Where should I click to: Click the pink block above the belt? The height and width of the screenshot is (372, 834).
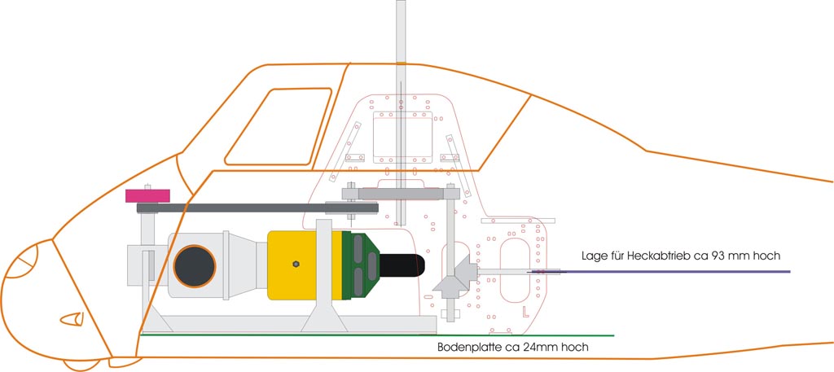(x=147, y=195)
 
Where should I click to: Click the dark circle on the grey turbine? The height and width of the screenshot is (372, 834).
(x=195, y=265)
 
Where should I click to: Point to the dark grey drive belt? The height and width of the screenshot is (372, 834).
(x=244, y=208)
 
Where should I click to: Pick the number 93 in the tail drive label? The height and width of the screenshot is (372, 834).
(x=719, y=256)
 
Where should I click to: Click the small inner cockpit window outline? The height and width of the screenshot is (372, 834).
(x=278, y=126)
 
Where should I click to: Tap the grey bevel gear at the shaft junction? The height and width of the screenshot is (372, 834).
(x=451, y=277)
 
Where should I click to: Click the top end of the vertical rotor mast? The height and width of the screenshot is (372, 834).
(x=400, y=5)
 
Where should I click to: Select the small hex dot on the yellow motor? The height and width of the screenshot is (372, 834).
(x=297, y=263)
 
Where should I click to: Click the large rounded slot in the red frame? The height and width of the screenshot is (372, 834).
(x=515, y=266)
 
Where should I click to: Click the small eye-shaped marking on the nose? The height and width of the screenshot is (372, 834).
(x=73, y=318)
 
